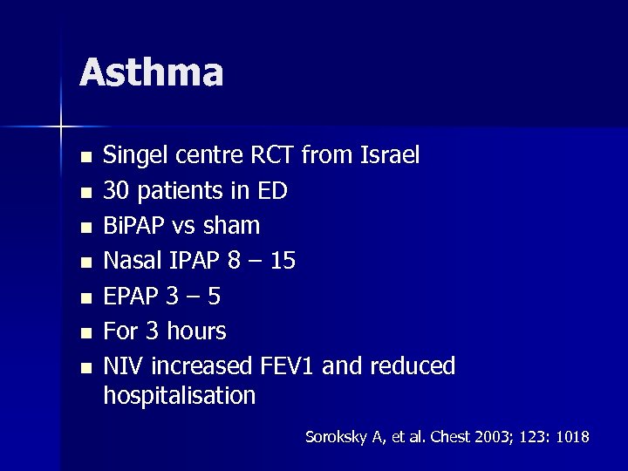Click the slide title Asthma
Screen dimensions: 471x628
click(x=151, y=72)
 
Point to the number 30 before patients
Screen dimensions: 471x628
click(x=116, y=190)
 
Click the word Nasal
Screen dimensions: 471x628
click(x=132, y=261)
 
